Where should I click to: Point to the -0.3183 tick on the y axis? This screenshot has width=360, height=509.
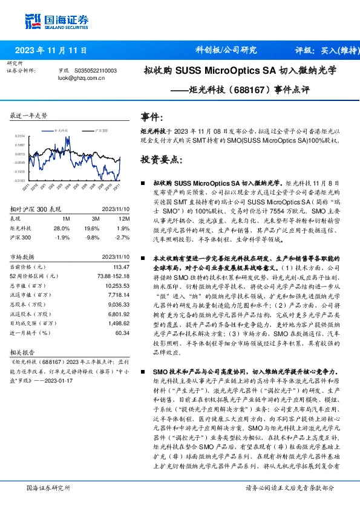pos(20,180)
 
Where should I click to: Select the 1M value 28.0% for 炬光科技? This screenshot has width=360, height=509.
pos(62,229)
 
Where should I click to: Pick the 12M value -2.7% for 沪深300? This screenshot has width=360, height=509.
pos(122,237)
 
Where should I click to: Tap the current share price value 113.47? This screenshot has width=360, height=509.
pos(121,267)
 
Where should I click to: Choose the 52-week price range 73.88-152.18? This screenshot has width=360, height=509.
pos(113,275)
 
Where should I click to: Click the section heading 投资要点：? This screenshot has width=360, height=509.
pos(160,160)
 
